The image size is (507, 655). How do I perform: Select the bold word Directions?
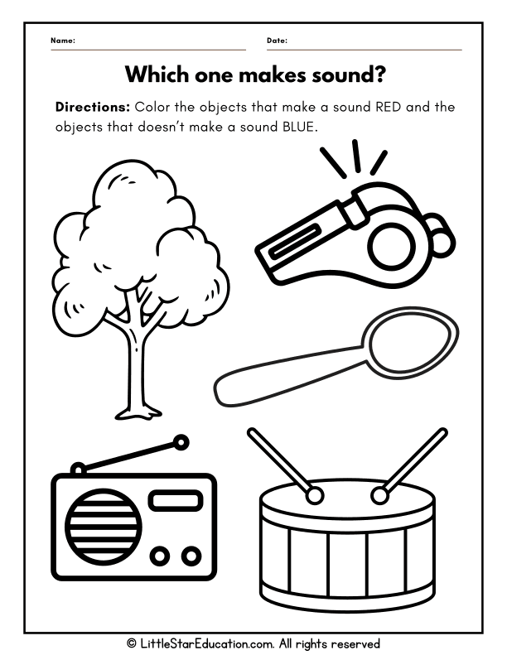[92, 108]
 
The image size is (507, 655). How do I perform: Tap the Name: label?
[63, 41]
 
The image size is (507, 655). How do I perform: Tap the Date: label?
[278, 41]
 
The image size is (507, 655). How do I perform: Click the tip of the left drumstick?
[314, 495]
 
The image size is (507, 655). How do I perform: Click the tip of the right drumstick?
[380, 495]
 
